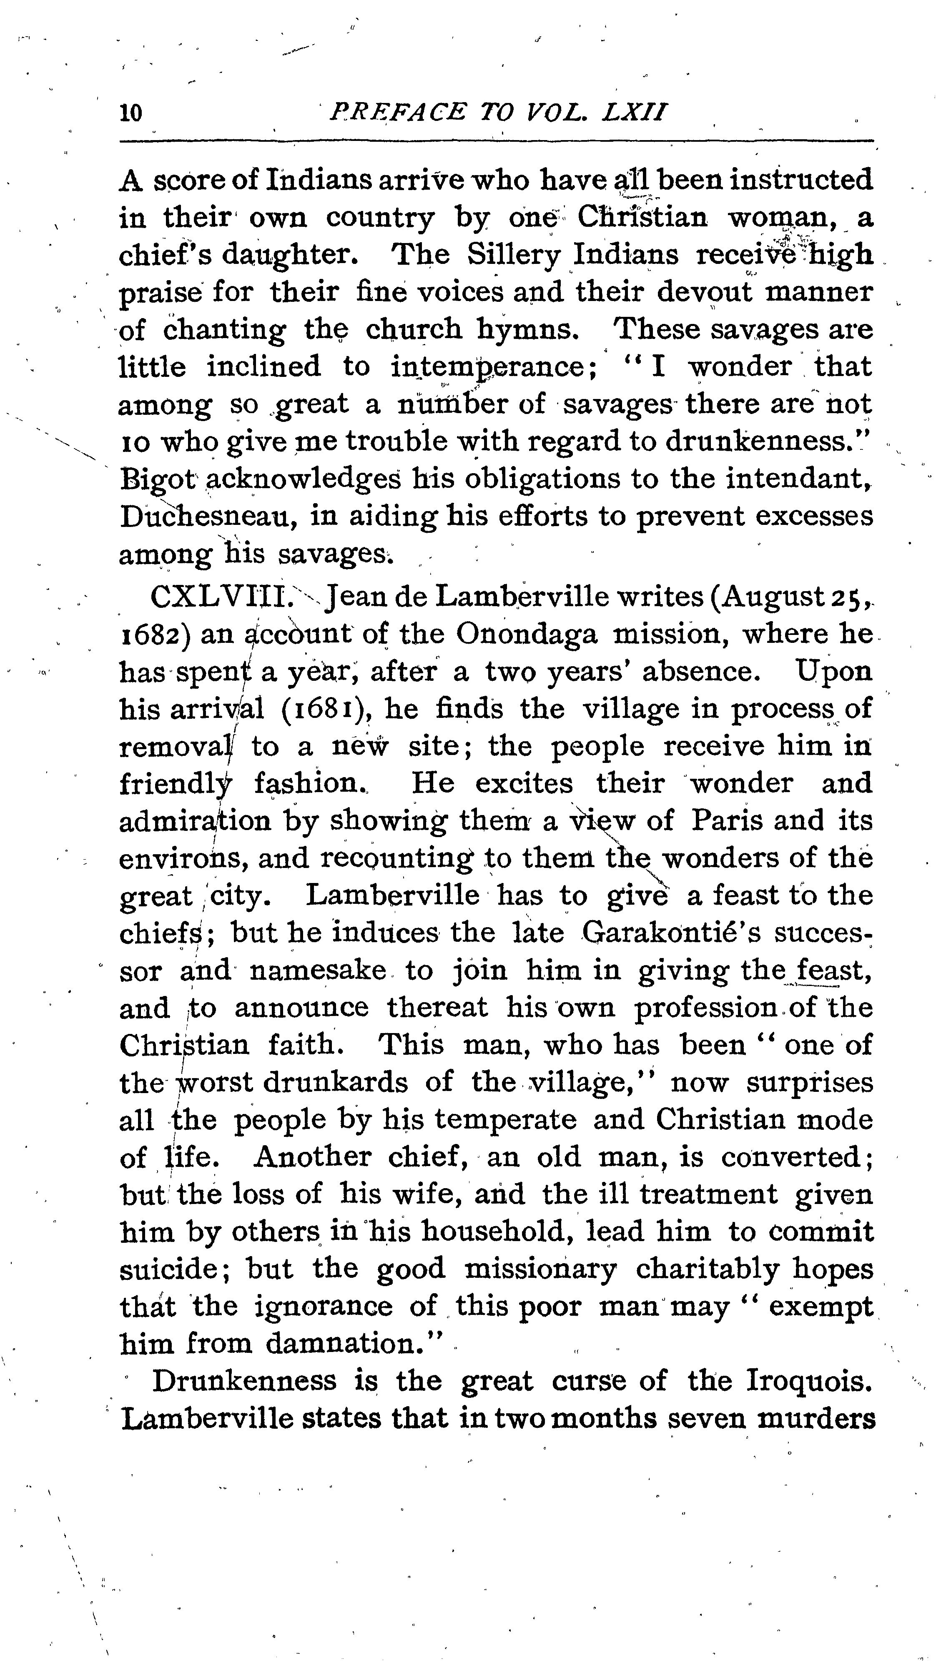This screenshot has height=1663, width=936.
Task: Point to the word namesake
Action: pyautogui.click(x=318, y=971)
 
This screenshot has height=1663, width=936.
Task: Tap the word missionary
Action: pyautogui.click(x=541, y=1269)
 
